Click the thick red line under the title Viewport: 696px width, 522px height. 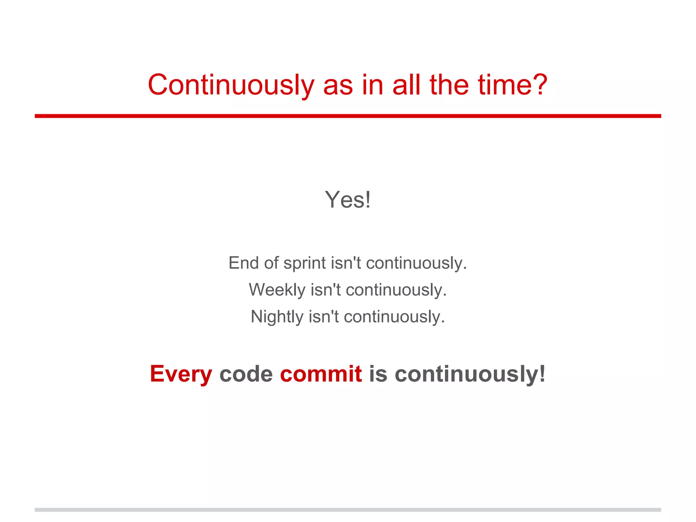point(348,116)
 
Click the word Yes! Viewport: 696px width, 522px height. point(348,200)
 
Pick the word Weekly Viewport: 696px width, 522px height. point(277,290)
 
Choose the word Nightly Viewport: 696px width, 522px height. point(277,317)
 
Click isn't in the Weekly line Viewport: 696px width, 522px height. point(325,290)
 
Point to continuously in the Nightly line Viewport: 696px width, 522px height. point(394,317)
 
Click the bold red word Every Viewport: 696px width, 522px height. point(181,374)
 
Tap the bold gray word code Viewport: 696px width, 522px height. point(246,374)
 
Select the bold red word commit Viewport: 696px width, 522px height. point(321,374)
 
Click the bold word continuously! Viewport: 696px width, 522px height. point(470,374)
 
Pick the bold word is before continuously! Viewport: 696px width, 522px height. point(378,374)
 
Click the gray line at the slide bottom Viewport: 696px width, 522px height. point(348,510)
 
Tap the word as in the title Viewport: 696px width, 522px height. point(338,85)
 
